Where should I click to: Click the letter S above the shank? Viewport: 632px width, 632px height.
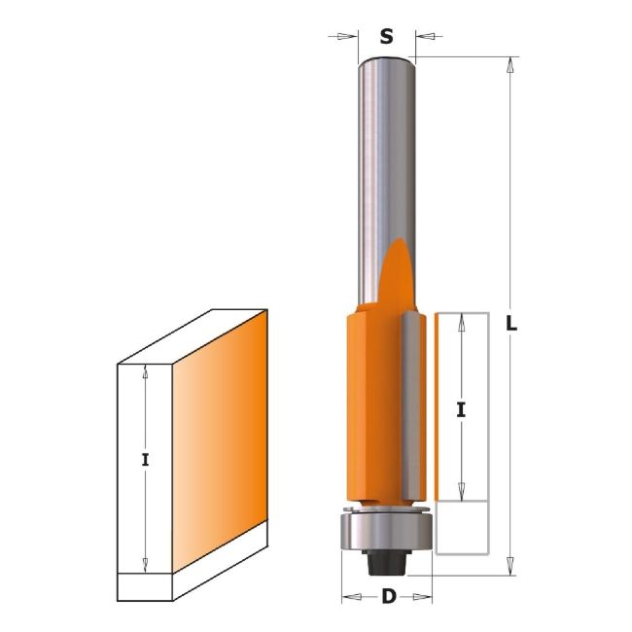(x=386, y=37)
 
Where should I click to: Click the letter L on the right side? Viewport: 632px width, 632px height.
(x=511, y=324)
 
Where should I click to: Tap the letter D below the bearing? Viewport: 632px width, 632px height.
(x=389, y=597)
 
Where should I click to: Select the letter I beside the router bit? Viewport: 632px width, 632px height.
(x=461, y=410)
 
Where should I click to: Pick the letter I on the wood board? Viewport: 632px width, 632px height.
(x=145, y=460)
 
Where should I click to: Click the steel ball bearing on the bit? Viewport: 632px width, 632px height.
(x=387, y=532)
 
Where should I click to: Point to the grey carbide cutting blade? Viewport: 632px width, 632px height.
(x=412, y=406)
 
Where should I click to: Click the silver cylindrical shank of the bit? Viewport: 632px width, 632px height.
(x=386, y=182)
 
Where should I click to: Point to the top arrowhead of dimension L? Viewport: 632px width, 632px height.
(x=509, y=65)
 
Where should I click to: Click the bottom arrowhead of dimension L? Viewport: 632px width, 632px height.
(x=509, y=566)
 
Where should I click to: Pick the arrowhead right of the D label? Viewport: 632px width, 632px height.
(x=422, y=597)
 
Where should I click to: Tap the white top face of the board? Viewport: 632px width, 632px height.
(x=193, y=337)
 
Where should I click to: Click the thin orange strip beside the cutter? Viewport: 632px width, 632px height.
(x=437, y=407)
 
